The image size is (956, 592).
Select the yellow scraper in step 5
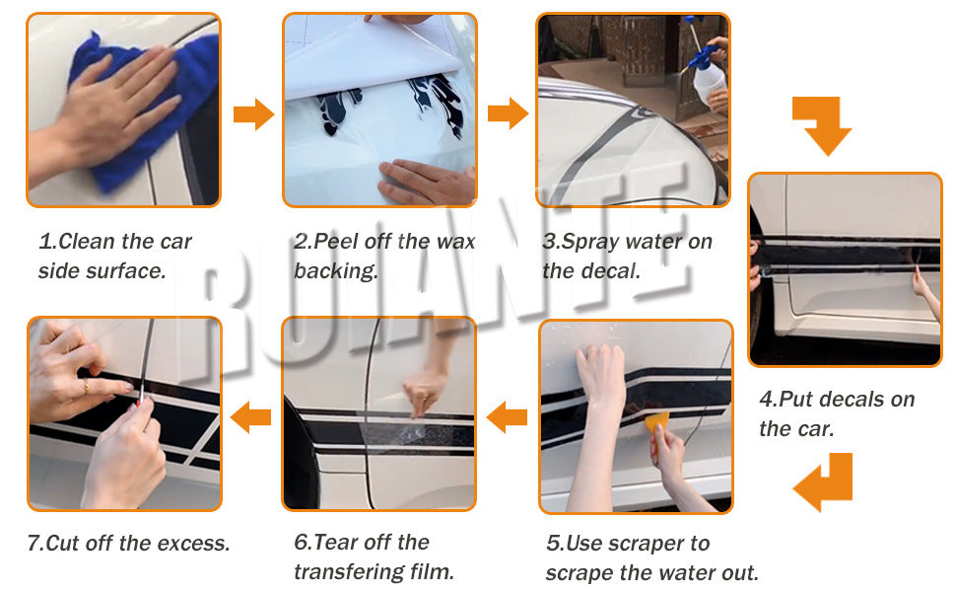pos(656,423)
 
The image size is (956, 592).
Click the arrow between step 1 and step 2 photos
pos(253,114)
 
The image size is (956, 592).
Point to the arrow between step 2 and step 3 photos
pos(508,114)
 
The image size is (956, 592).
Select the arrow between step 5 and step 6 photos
pos(507,417)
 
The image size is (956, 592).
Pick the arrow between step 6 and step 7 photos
pos(250,417)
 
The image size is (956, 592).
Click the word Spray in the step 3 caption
pos(590,243)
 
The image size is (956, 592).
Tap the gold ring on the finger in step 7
pos(86,386)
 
